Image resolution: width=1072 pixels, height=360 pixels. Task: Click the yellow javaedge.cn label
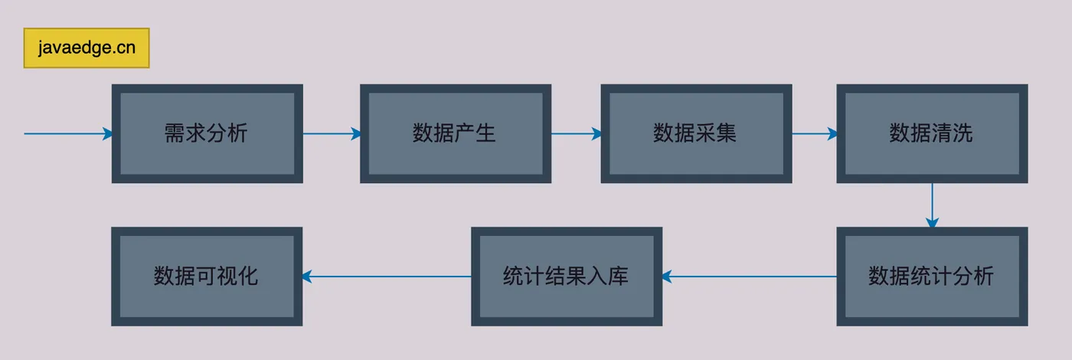pyautogui.click(x=87, y=48)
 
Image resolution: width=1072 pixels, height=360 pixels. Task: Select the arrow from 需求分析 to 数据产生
pyautogui.click(x=331, y=134)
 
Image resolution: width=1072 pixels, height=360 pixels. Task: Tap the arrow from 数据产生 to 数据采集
pyautogui.click(x=576, y=134)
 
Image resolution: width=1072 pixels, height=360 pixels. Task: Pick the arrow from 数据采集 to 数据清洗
pyautogui.click(x=814, y=134)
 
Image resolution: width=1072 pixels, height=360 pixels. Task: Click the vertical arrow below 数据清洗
pyautogui.click(x=932, y=205)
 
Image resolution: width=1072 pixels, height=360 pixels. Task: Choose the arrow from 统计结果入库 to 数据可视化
pyautogui.click(x=387, y=277)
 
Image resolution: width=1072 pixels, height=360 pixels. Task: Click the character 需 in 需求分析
pyautogui.click(x=175, y=133)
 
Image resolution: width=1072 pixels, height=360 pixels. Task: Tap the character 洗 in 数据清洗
pyautogui.click(x=963, y=133)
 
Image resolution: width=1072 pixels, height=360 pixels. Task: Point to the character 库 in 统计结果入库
pyautogui.click(x=619, y=276)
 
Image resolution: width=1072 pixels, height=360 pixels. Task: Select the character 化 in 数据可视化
pyautogui.click(x=248, y=276)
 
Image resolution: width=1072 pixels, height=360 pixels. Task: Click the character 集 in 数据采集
pyautogui.click(x=727, y=133)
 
